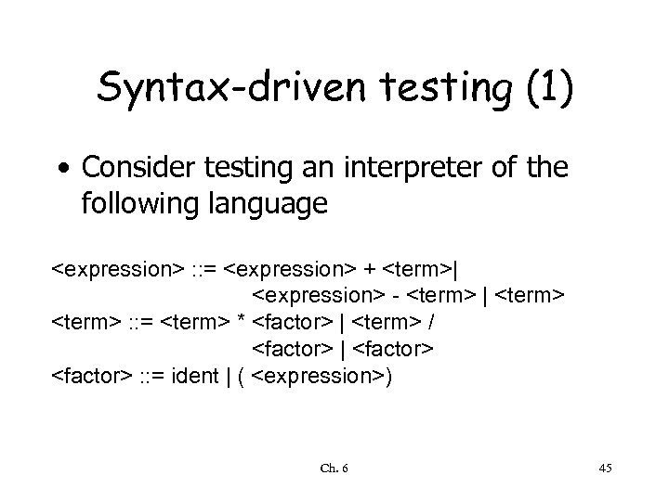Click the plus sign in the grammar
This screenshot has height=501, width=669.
370,271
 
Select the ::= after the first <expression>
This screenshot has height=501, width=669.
203,271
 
